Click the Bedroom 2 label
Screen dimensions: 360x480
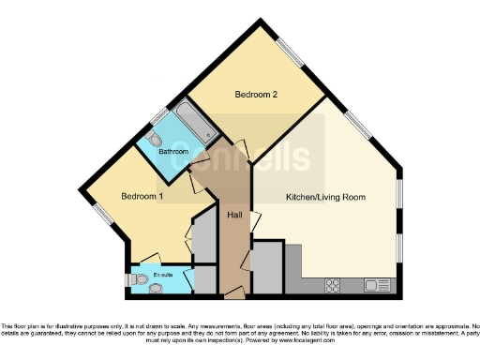(x=256, y=94)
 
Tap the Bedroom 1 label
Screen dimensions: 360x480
(x=142, y=197)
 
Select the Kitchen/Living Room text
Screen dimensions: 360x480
(x=325, y=198)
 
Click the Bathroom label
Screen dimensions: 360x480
(x=173, y=152)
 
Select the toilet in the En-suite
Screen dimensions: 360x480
(x=132, y=278)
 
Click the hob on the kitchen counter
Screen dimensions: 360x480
(x=333, y=284)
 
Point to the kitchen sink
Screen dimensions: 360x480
(x=377, y=284)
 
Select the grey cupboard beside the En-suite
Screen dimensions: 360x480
(x=205, y=279)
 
